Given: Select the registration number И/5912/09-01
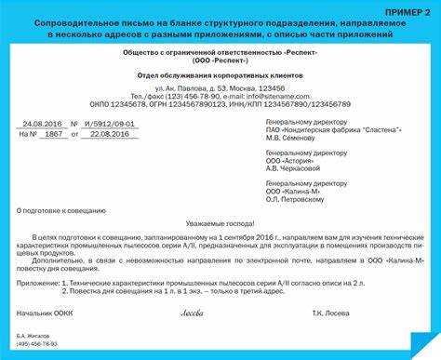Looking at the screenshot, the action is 110,122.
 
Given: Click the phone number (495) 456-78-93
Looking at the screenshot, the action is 36,343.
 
